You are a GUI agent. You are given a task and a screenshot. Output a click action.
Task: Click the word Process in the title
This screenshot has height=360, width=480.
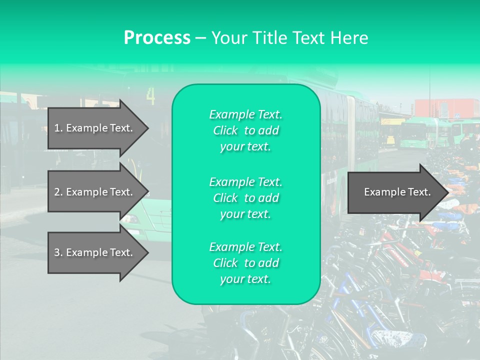tap(157, 38)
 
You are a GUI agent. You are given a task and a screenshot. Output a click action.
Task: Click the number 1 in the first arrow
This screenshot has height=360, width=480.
tap(57, 128)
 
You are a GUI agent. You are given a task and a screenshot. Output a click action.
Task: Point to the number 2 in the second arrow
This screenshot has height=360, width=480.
tap(57, 192)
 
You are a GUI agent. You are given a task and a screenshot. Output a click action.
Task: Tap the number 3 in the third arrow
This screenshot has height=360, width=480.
tap(57, 252)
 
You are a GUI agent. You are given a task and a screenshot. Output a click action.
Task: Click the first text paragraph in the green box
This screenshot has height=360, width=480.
tap(245, 130)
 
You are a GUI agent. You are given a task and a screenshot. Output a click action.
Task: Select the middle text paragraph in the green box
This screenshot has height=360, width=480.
tap(245, 198)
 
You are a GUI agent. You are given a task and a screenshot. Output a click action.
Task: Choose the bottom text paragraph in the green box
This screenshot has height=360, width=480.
tap(245, 263)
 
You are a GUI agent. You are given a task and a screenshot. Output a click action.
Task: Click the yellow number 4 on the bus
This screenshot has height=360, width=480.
tap(151, 96)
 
